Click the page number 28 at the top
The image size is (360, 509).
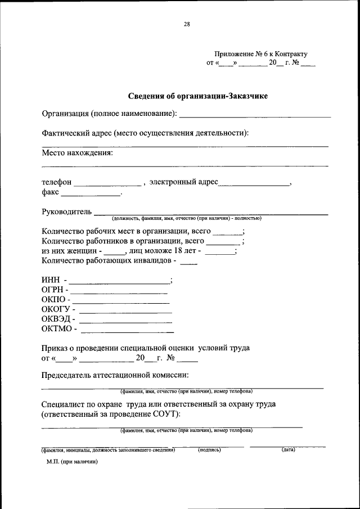[x=187, y=24]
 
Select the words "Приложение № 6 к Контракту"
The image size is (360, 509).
[x=262, y=54]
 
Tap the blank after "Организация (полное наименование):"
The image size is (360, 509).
[x=254, y=115]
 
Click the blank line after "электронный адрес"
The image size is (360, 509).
[x=254, y=184]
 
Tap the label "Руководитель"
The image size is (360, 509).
[x=66, y=211]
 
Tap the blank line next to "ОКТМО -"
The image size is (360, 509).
[x=127, y=331]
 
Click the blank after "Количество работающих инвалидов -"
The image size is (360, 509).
[x=189, y=263]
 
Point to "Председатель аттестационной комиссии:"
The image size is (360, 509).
[x=115, y=375]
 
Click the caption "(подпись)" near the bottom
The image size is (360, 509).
[x=209, y=450]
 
